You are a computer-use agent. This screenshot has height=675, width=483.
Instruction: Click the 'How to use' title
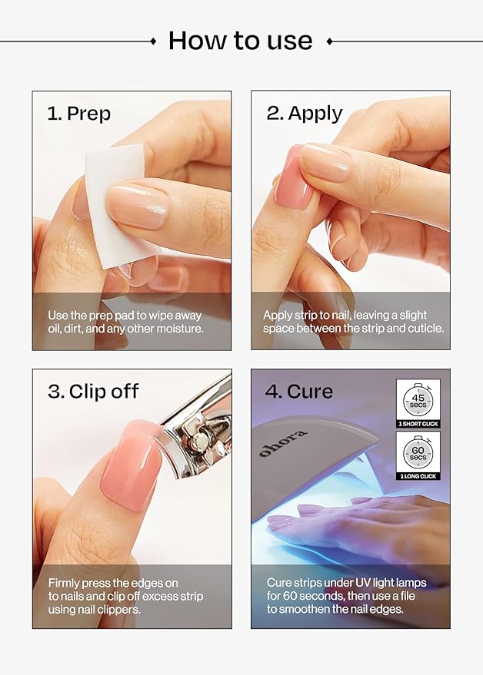[240, 40]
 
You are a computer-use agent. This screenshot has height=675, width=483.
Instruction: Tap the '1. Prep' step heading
[78, 114]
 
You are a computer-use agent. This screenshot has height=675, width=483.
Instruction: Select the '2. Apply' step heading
[304, 114]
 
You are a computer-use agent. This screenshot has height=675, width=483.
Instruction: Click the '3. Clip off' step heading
[93, 391]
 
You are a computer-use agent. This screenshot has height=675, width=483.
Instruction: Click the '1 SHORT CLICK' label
[418, 424]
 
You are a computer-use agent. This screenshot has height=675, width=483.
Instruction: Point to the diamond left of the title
[153, 41]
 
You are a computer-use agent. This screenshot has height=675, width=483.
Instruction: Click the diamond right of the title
[329, 41]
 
